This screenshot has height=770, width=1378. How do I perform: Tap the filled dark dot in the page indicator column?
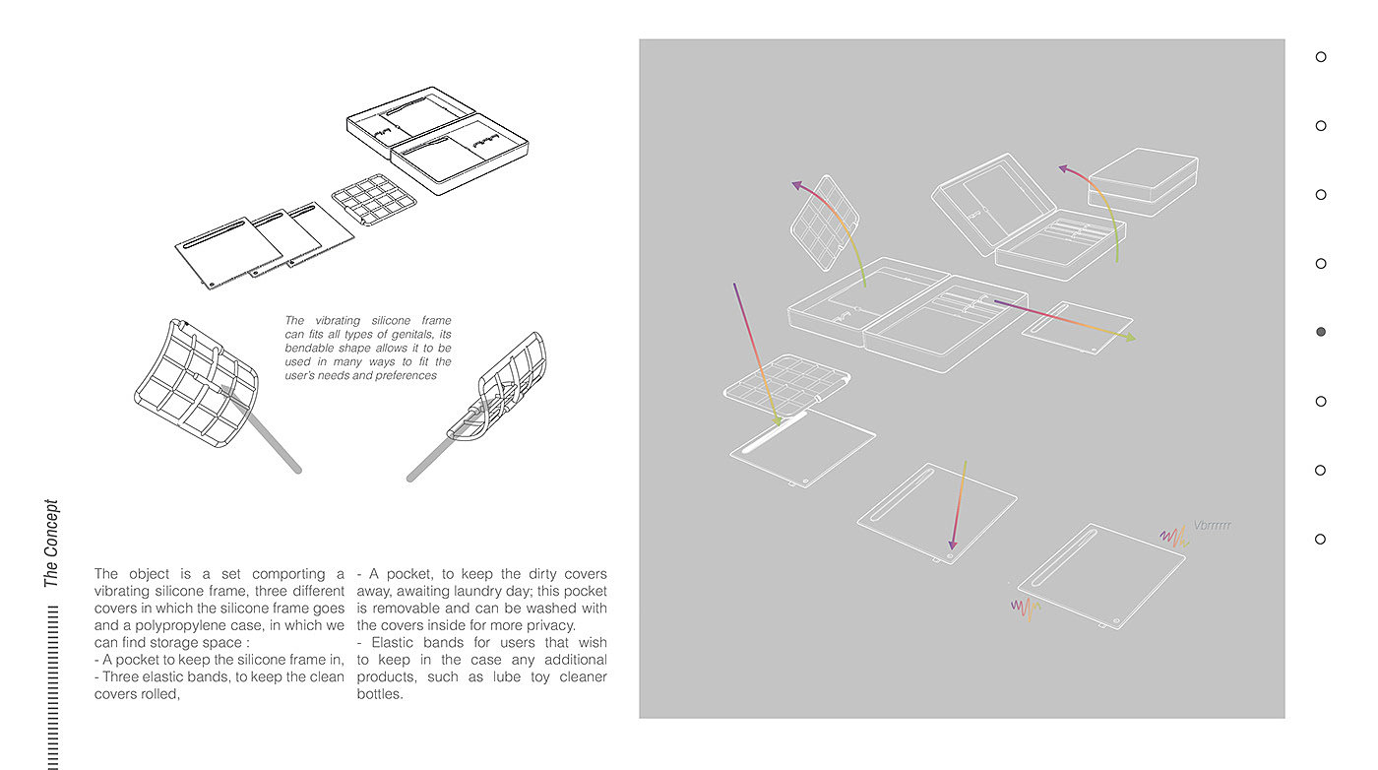(1321, 332)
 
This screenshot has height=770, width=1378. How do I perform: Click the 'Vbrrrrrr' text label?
(1212, 526)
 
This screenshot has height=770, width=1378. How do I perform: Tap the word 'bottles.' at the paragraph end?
(380, 694)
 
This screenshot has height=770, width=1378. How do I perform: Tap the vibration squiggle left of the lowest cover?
(1025, 608)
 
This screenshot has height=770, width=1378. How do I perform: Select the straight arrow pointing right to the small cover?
(1063, 319)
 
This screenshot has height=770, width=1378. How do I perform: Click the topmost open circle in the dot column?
(1321, 57)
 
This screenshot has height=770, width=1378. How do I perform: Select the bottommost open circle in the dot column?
(1321, 539)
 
